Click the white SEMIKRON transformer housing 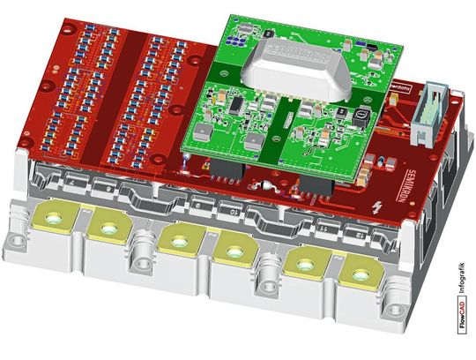(x=300, y=64)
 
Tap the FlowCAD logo (x=464, y=318)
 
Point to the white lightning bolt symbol (x=378, y=208)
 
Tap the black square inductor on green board (x=359, y=114)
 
